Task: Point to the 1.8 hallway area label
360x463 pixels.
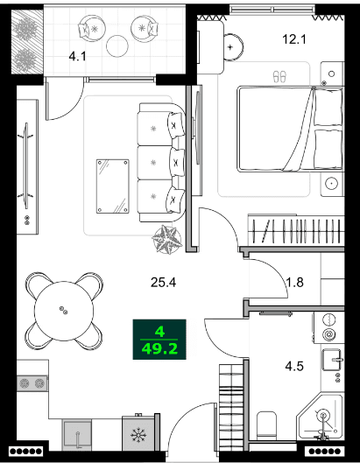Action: [x=296, y=282]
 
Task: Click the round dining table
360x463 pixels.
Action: [x=62, y=309]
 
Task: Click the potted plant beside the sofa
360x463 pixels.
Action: [x=166, y=238]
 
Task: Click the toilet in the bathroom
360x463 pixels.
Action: [x=266, y=428]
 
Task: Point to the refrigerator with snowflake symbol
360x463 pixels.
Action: [x=138, y=435]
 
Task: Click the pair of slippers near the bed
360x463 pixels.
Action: [x=280, y=77]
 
